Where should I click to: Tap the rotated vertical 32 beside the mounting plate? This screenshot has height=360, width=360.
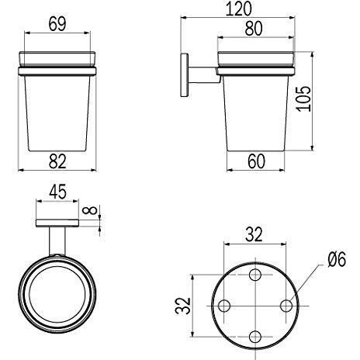click(x=181, y=304)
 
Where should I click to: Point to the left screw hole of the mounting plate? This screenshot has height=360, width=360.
click(x=225, y=304)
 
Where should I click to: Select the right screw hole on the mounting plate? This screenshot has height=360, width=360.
click(x=286, y=304)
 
